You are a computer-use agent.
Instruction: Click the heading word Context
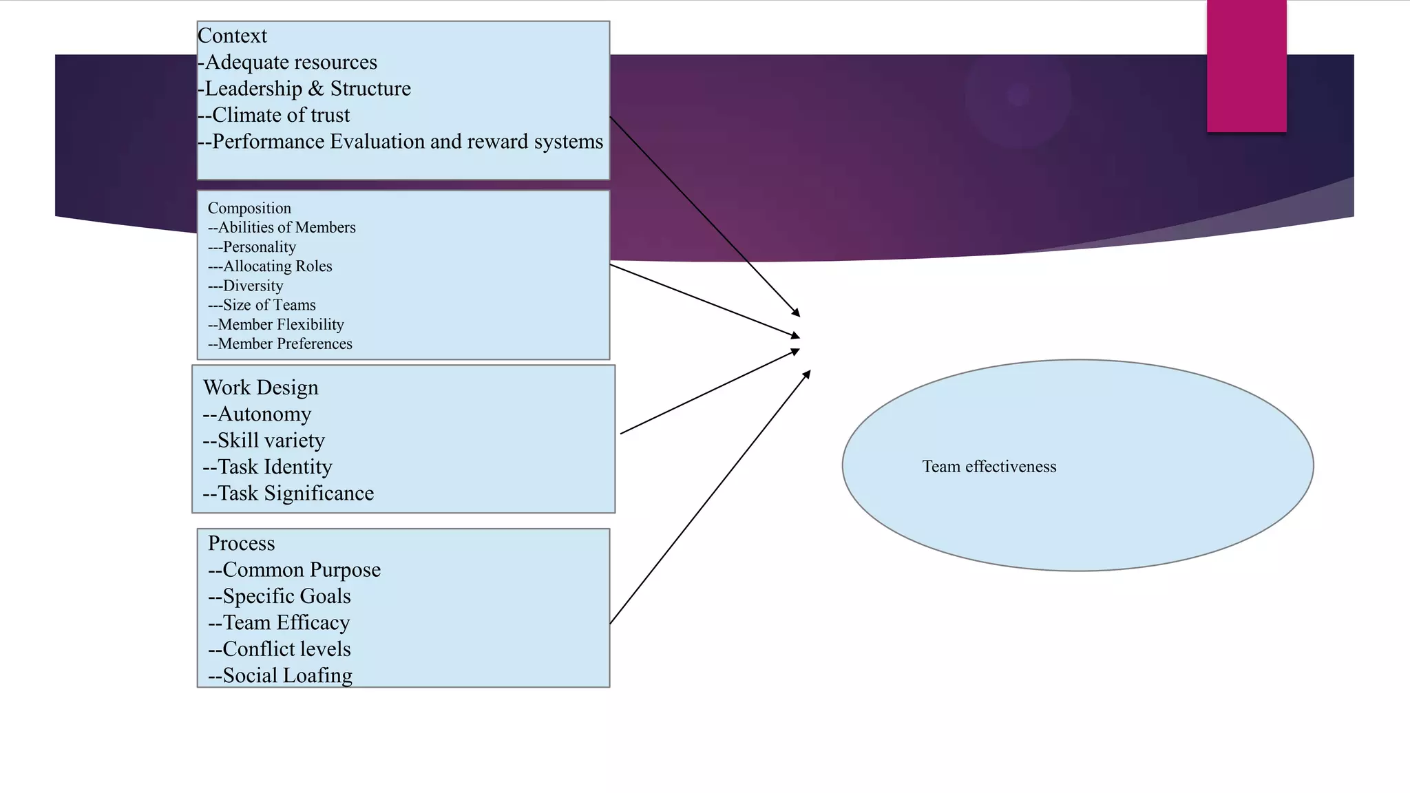(x=232, y=36)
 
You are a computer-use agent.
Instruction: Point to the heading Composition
(x=249, y=208)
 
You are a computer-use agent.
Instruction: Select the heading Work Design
(x=261, y=388)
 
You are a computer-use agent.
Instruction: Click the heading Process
(x=242, y=543)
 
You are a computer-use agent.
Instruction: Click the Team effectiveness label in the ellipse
(x=989, y=467)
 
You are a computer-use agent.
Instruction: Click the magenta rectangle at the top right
(x=1246, y=65)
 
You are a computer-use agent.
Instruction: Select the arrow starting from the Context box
(x=704, y=217)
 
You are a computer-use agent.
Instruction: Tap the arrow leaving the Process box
(x=709, y=498)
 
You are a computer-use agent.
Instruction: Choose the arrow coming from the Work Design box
(x=709, y=392)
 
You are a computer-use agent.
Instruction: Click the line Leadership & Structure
(x=307, y=89)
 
